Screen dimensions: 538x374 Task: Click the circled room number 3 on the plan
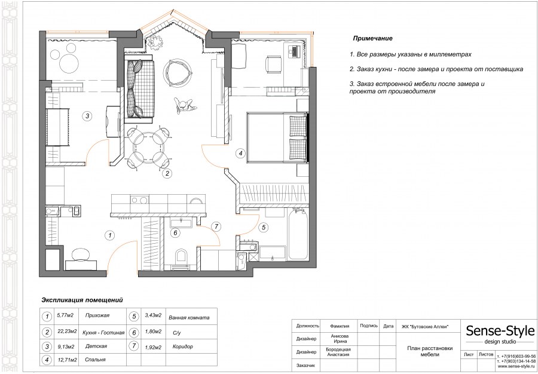(87, 117)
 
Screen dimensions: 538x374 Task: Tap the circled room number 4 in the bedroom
(240, 153)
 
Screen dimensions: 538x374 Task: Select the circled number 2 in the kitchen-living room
(167, 173)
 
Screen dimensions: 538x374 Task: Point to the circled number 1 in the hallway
(109, 235)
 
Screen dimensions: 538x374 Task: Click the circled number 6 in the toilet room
(175, 233)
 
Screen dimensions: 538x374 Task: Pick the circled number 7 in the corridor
(216, 226)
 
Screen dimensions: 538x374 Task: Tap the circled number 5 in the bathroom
(264, 227)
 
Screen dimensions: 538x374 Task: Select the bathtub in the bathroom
(298, 235)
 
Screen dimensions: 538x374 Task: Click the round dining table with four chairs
(149, 148)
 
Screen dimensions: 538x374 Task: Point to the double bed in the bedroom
(277, 138)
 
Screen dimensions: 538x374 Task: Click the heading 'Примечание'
(372, 38)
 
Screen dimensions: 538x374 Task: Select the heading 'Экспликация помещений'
(82, 300)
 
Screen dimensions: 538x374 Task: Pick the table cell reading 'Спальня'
(96, 360)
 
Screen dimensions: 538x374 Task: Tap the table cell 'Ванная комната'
(189, 318)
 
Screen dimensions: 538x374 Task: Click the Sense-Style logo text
(500, 331)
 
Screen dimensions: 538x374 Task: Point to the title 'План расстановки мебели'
(430, 351)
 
